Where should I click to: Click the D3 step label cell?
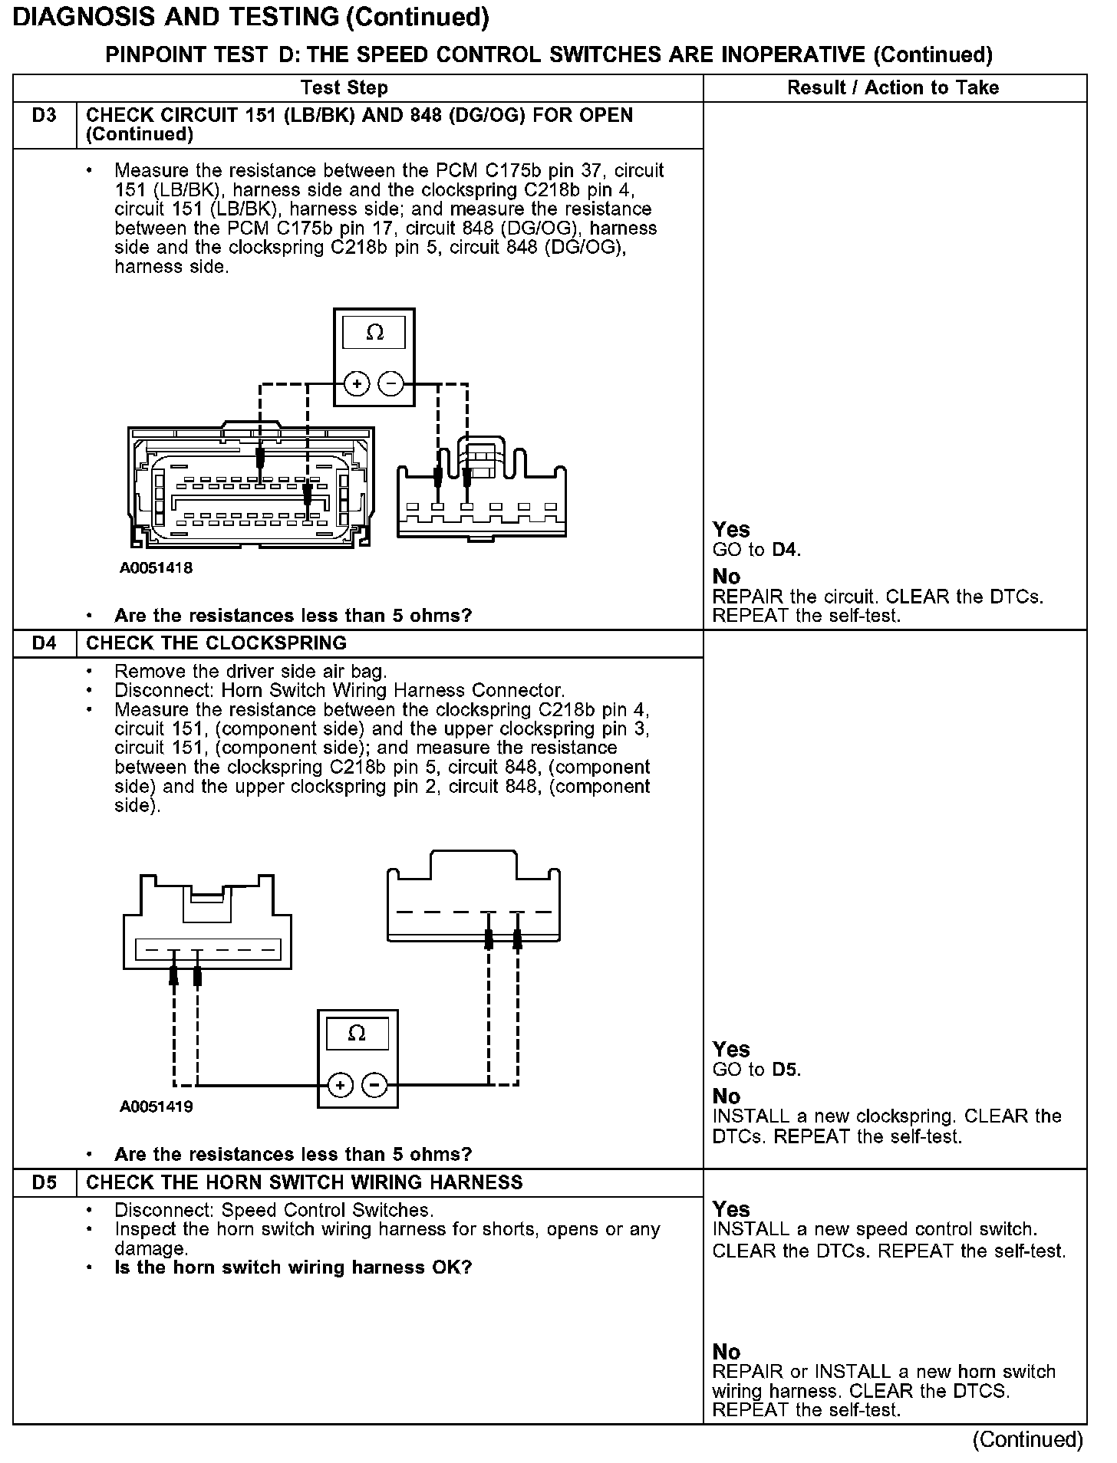pyautogui.click(x=44, y=117)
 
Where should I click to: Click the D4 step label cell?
pyautogui.click(x=44, y=643)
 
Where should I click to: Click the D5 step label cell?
pyautogui.click(x=44, y=1182)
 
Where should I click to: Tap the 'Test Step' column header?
pyautogui.click(x=344, y=88)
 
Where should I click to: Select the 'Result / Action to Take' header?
pyautogui.click(x=893, y=88)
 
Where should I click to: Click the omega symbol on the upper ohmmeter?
pyautogui.click(x=374, y=333)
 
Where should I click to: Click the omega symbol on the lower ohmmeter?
pyautogui.click(x=357, y=1034)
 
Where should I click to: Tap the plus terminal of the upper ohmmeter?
pyautogui.click(x=356, y=383)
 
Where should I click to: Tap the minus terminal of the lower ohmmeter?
pyautogui.click(x=374, y=1085)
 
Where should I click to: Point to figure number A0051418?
pyautogui.click(x=156, y=568)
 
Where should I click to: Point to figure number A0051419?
pyautogui.click(x=156, y=1106)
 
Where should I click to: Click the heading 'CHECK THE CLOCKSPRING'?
pyautogui.click(x=216, y=643)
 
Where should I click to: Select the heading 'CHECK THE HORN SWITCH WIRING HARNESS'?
pyautogui.click(x=305, y=1182)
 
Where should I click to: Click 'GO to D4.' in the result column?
pyautogui.click(x=756, y=550)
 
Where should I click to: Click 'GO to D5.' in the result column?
pyautogui.click(x=756, y=1070)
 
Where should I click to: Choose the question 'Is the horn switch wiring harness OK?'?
pyautogui.click(x=293, y=1267)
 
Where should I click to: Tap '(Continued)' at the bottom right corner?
pyautogui.click(x=1027, y=1439)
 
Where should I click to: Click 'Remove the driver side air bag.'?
pyautogui.click(x=250, y=672)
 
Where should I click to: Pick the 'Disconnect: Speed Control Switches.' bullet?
pyautogui.click(x=274, y=1210)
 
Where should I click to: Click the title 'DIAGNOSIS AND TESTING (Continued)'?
pyautogui.click(x=252, y=17)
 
